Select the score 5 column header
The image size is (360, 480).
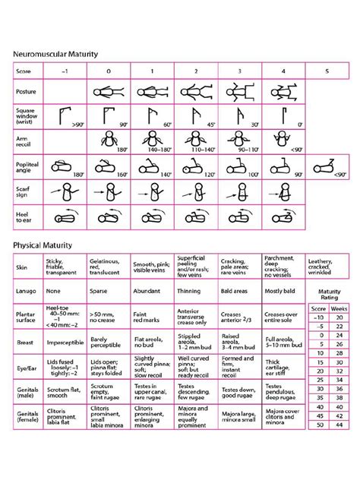click(x=327, y=71)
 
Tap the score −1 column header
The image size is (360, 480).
click(x=65, y=71)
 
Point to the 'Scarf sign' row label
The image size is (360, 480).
click(x=27, y=190)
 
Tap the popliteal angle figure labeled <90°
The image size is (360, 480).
click(x=327, y=166)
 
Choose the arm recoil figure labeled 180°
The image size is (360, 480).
click(x=109, y=141)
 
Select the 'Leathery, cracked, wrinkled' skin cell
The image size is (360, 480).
click(x=327, y=267)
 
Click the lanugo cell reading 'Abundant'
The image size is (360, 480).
click(x=151, y=289)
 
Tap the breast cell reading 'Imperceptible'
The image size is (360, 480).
click(x=65, y=342)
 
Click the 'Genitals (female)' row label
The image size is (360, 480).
click(x=27, y=418)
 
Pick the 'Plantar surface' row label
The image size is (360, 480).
click(x=27, y=317)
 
